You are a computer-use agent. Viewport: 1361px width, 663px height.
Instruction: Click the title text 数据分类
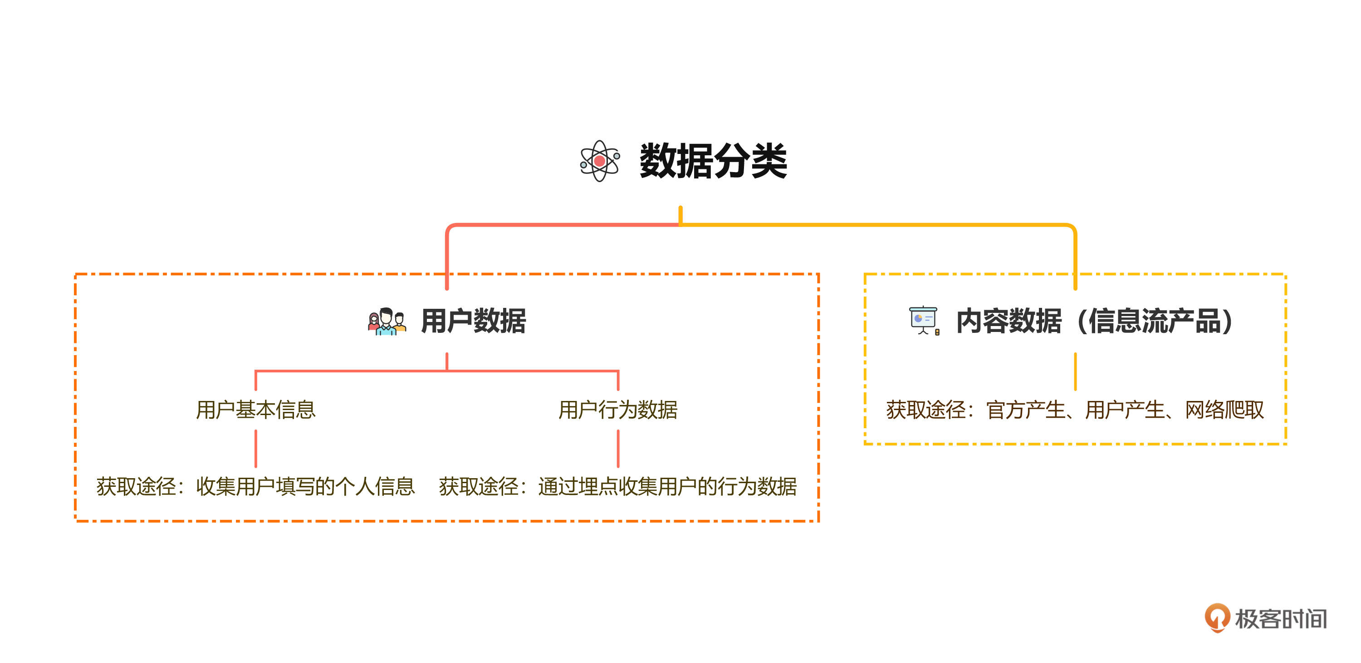click(x=713, y=161)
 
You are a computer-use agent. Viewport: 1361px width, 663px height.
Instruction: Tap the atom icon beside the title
click(x=600, y=161)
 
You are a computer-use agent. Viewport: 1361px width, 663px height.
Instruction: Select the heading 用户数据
click(x=473, y=321)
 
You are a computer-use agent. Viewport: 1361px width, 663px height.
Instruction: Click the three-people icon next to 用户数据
click(x=387, y=322)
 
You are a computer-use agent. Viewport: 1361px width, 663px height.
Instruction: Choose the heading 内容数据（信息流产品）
click(x=1095, y=321)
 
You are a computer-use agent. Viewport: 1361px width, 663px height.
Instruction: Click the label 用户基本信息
click(x=256, y=410)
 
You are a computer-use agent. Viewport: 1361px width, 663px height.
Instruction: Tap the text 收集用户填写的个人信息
click(x=305, y=486)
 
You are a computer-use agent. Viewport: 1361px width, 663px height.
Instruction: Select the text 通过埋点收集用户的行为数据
click(x=667, y=486)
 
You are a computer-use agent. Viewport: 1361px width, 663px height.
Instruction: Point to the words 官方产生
click(x=1025, y=410)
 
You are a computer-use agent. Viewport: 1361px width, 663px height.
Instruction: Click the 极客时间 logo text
click(x=1281, y=618)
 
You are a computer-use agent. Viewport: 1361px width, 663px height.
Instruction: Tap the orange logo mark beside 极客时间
click(x=1217, y=618)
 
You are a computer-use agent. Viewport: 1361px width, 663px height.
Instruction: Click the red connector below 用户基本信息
click(x=256, y=448)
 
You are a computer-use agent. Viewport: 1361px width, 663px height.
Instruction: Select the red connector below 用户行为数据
click(x=618, y=448)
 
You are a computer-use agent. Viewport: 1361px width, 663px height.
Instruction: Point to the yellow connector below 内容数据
click(x=1075, y=371)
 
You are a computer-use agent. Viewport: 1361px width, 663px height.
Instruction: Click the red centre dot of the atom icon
click(x=600, y=161)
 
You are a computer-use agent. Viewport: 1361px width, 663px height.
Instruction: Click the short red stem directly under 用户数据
click(x=447, y=361)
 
